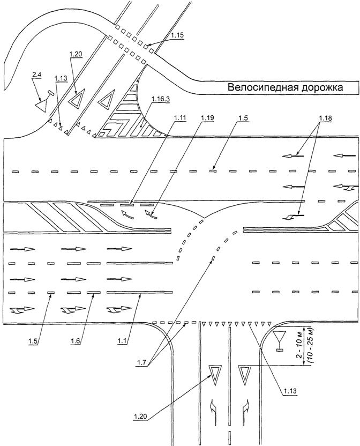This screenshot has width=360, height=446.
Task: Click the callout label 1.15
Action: (177, 35)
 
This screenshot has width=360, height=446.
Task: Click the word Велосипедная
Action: (261, 87)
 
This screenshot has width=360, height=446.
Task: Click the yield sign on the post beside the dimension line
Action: (279, 339)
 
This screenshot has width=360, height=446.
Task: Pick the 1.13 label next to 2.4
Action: (61, 79)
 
